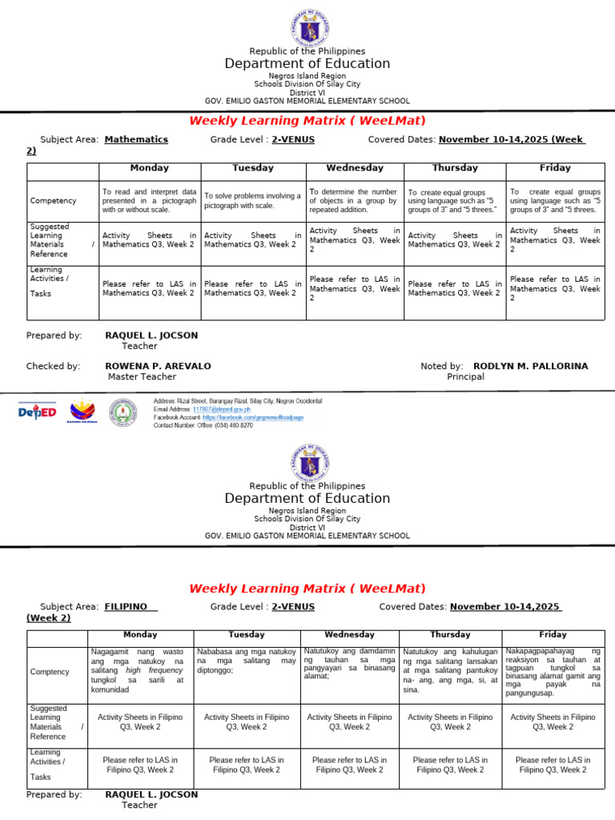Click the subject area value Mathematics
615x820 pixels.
click(136, 139)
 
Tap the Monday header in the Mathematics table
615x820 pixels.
click(149, 168)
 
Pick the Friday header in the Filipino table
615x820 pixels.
click(553, 635)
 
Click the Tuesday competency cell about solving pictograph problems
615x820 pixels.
click(252, 200)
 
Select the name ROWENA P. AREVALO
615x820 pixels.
click(159, 366)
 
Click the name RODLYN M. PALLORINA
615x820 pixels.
click(530, 366)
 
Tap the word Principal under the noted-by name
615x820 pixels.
click(465, 376)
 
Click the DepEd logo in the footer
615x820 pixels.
click(38, 412)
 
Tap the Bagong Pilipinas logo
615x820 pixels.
click(82, 412)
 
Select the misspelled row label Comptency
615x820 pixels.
click(50, 672)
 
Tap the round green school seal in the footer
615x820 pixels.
click(123, 412)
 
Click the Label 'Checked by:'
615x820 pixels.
click(53, 366)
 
